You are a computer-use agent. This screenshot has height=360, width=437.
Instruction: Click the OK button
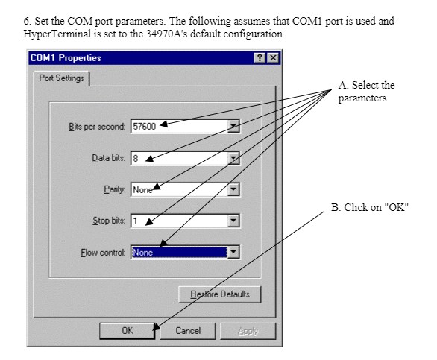click(127, 331)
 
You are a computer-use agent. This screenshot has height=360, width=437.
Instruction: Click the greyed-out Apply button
click(248, 331)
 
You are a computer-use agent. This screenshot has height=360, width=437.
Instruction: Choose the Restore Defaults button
click(220, 294)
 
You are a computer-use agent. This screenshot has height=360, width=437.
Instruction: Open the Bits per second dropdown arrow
click(233, 126)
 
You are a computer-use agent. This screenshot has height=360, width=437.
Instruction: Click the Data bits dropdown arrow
click(233, 158)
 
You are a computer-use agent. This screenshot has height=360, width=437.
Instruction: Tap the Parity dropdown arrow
click(233, 189)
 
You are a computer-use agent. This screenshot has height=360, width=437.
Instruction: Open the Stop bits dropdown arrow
click(233, 221)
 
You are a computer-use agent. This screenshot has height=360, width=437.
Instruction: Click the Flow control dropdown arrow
click(233, 252)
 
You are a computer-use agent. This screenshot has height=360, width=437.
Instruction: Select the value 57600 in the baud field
click(144, 126)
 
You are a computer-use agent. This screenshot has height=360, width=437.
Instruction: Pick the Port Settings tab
click(61, 78)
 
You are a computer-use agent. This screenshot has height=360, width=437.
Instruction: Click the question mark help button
click(260, 57)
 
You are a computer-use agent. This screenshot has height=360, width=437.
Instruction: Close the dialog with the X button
click(273, 57)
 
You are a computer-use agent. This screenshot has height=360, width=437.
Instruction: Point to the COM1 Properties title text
click(66, 58)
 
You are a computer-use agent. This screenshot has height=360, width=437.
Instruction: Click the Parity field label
click(115, 189)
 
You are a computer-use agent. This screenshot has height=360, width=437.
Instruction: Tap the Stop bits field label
click(109, 221)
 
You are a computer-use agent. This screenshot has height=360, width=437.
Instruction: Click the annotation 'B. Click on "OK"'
click(370, 207)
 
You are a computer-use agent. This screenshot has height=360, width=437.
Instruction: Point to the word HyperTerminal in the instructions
click(57, 34)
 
